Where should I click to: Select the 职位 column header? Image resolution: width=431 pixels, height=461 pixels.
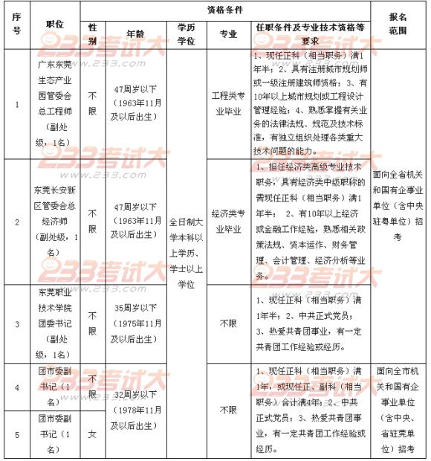54,25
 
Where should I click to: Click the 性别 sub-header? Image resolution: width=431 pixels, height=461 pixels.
92,33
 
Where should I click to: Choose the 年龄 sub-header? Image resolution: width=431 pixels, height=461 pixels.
135,33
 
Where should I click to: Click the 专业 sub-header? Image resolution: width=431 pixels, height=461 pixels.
228,33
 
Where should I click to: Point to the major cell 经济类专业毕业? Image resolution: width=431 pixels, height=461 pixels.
228,221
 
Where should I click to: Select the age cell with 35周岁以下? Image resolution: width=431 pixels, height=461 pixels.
135,323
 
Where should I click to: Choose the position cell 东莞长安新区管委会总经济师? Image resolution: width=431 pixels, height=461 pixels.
54,221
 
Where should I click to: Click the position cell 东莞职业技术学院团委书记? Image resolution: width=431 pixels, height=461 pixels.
54,323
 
